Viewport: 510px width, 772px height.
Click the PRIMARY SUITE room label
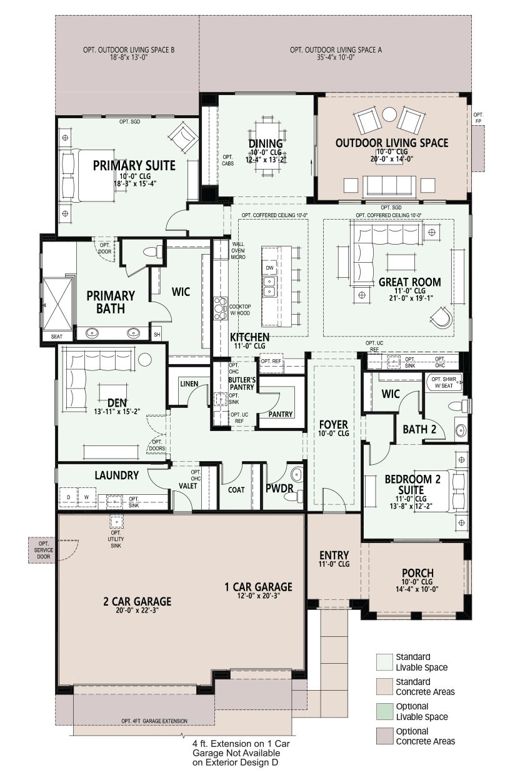pos(134,165)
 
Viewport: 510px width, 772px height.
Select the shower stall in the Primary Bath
pos(57,305)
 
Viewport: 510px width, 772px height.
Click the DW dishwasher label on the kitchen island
pos(269,268)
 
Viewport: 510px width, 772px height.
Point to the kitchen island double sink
pos(269,287)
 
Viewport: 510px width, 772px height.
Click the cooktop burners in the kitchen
pos(219,308)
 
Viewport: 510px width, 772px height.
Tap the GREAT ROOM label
pos(410,282)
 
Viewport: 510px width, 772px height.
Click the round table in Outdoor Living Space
pos(389,114)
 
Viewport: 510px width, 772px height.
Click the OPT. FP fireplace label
pos(478,118)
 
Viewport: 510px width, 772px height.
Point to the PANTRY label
pos(281,414)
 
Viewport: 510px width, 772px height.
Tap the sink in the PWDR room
pos(296,475)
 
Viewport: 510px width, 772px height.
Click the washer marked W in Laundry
pos(86,497)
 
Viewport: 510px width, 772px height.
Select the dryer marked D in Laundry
pos(68,497)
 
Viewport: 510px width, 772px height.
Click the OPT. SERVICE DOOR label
pos(43,550)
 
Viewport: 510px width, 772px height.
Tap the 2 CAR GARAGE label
pos(137,601)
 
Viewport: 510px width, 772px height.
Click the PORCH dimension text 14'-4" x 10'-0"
pos(417,589)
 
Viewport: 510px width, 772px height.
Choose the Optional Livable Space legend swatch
pos(384,712)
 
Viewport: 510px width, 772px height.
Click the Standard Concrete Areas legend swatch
pos(384,686)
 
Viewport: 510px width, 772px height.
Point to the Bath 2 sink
pos(460,430)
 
